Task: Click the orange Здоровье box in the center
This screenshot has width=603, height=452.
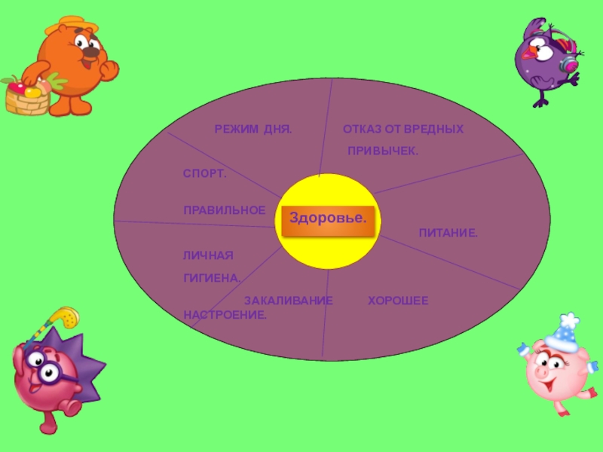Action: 328,218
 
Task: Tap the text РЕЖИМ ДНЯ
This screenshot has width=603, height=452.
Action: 253,130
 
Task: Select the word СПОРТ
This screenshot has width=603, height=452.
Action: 205,175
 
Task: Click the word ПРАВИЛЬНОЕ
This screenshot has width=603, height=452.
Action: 225,210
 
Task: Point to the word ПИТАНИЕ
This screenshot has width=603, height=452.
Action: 448,234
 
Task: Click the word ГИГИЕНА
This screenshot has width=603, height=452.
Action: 212,278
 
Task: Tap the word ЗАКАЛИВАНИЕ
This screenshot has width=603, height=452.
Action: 288,301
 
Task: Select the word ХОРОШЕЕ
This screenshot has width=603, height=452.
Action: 398,301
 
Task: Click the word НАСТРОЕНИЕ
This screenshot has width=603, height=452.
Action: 225,313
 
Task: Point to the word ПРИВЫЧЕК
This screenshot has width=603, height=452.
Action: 382,152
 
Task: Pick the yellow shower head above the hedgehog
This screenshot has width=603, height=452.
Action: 68,317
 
